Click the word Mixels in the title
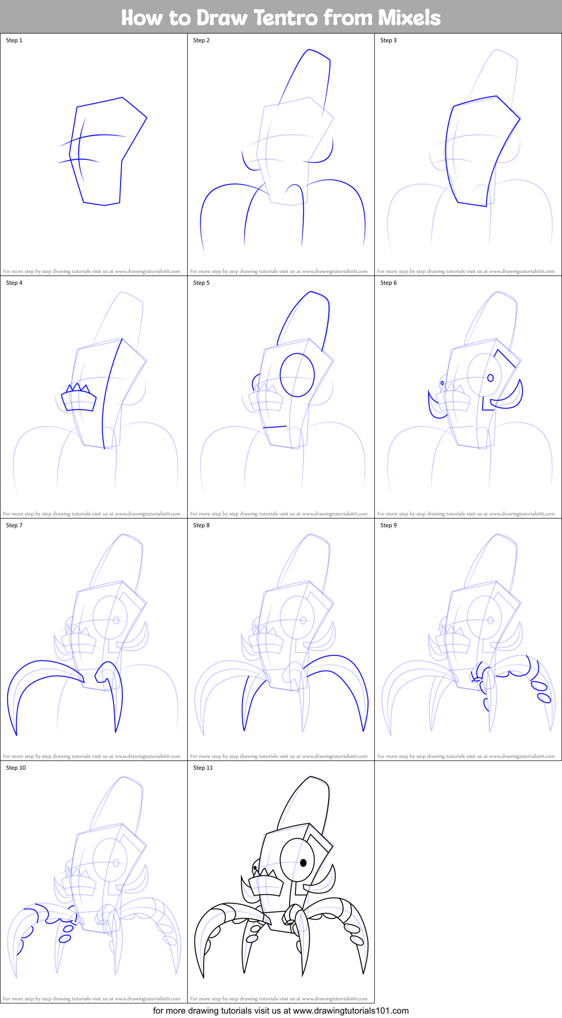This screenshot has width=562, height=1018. pyautogui.click(x=409, y=18)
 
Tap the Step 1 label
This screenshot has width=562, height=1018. pyautogui.click(x=14, y=40)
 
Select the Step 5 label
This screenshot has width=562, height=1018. pyautogui.click(x=201, y=283)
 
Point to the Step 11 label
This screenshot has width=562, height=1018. pyautogui.click(x=203, y=768)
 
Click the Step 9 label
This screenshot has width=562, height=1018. pyautogui.click(x=388, y=525)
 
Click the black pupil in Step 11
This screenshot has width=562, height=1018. pyautogui.click(x=303, y=863)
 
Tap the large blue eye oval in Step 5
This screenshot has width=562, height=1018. pyautogui.click(x=297, y=375)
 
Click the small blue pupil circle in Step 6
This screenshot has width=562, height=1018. pyautogui.click(x=491, y=378)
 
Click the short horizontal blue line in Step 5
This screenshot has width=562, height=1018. pyautogui.click(x=275, y=427)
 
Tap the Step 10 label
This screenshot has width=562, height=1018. pyautogui.click(x=16, y=768)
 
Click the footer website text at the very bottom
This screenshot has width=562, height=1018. pyautogui.click(x=281, y=1011)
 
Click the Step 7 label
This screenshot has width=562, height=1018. pyautogui.click(x=14, y=525)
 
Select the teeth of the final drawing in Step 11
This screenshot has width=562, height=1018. pyautogui.click(x=266, y=873)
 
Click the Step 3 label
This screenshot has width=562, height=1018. pyautogui.click(x=388, y=40)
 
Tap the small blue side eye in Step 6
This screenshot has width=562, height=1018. pyautogui.click(x=442, y=383)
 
